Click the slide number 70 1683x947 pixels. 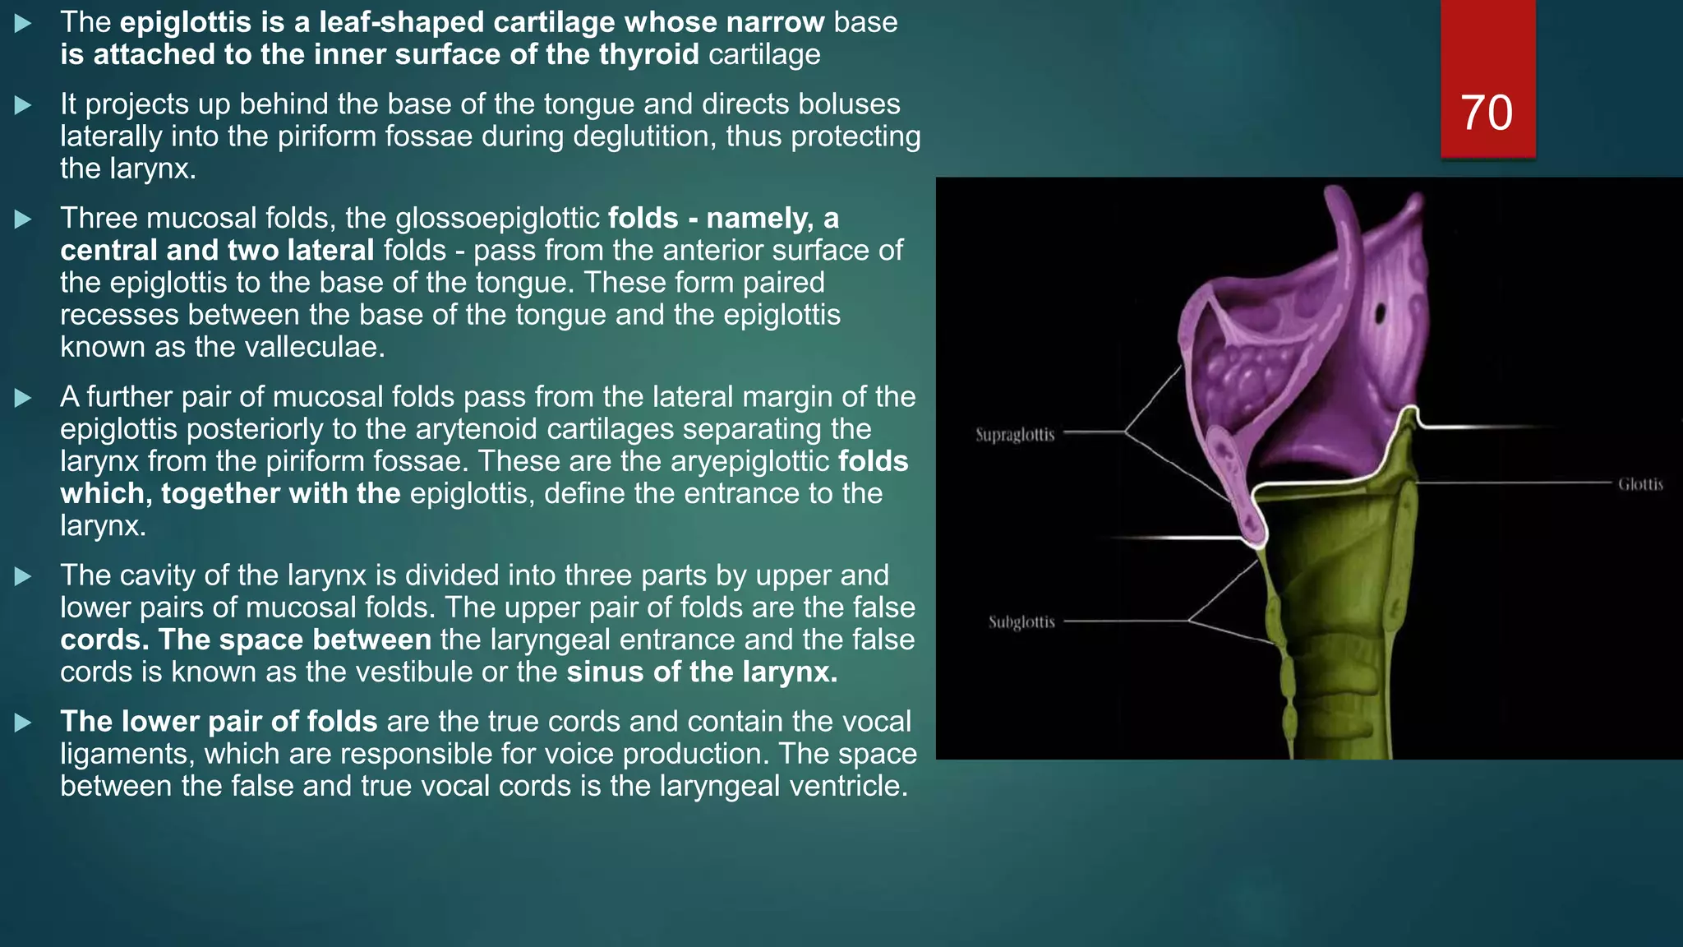tap(1487, 113)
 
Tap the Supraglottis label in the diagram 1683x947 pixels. tap(1015, 434)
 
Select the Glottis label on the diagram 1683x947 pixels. tap(1640, 484)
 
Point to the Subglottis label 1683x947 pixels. tap(1021, 621)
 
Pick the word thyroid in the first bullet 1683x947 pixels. tap(648, 54)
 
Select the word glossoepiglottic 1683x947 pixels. tap(497, 218)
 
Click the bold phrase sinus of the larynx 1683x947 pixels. tap(702, 672)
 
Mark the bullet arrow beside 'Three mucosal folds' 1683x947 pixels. tap(23, 219)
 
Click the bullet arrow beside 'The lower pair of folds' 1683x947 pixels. tap(23, 723)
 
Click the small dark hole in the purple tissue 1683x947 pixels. tap(1381, 313)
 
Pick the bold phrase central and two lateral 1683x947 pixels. tap(217, 250)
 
